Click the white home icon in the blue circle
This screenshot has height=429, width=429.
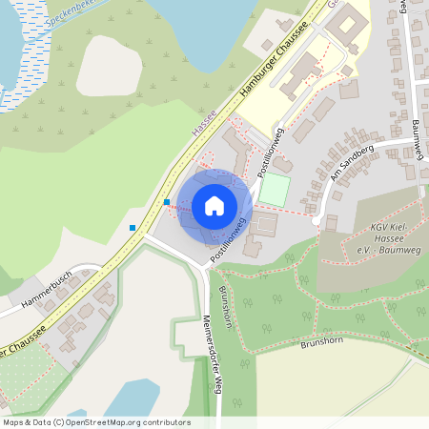(214, 205)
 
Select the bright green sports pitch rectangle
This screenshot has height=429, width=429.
(275, 188)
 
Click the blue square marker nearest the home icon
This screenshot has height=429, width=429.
(167, 202)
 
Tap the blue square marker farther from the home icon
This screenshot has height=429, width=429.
(132, 227)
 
